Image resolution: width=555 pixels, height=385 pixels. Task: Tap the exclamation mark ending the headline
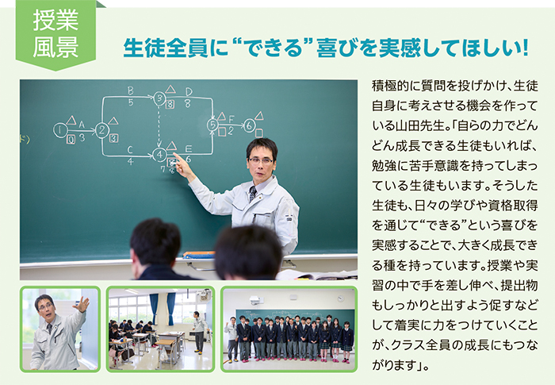coord(525,48)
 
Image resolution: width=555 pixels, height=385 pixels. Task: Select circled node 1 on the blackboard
coord(60,130)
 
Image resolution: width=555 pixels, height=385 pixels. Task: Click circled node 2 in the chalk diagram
coord(102,130)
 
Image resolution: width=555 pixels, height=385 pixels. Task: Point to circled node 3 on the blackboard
coord(159,98)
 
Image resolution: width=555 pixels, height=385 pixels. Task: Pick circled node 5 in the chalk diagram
coord(212,125)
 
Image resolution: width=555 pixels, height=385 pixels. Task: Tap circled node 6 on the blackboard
coord(249,125)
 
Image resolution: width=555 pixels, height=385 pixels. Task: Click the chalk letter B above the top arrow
coord(131,91)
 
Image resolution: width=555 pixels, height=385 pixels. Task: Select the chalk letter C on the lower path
coord(130,150)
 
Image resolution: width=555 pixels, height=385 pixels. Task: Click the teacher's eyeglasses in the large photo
coord(261,160)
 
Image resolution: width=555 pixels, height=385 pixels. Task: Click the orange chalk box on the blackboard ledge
coord(199,255)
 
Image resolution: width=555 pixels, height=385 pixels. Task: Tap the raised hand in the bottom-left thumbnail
coord(82,305)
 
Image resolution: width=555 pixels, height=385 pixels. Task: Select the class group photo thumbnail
coord(289,329)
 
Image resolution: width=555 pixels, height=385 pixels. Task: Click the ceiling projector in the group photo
coord(258,301)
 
